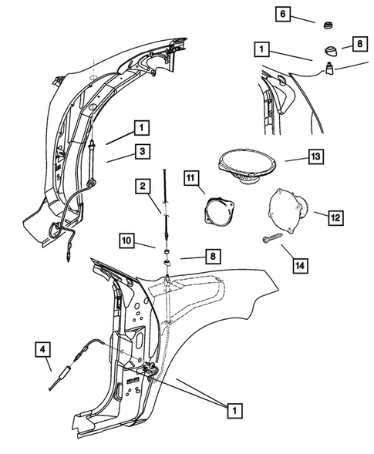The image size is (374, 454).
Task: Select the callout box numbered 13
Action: coord(315,157)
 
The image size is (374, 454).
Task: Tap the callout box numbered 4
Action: coord(45,351)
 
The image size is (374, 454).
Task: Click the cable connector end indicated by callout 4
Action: coord(59,380)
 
